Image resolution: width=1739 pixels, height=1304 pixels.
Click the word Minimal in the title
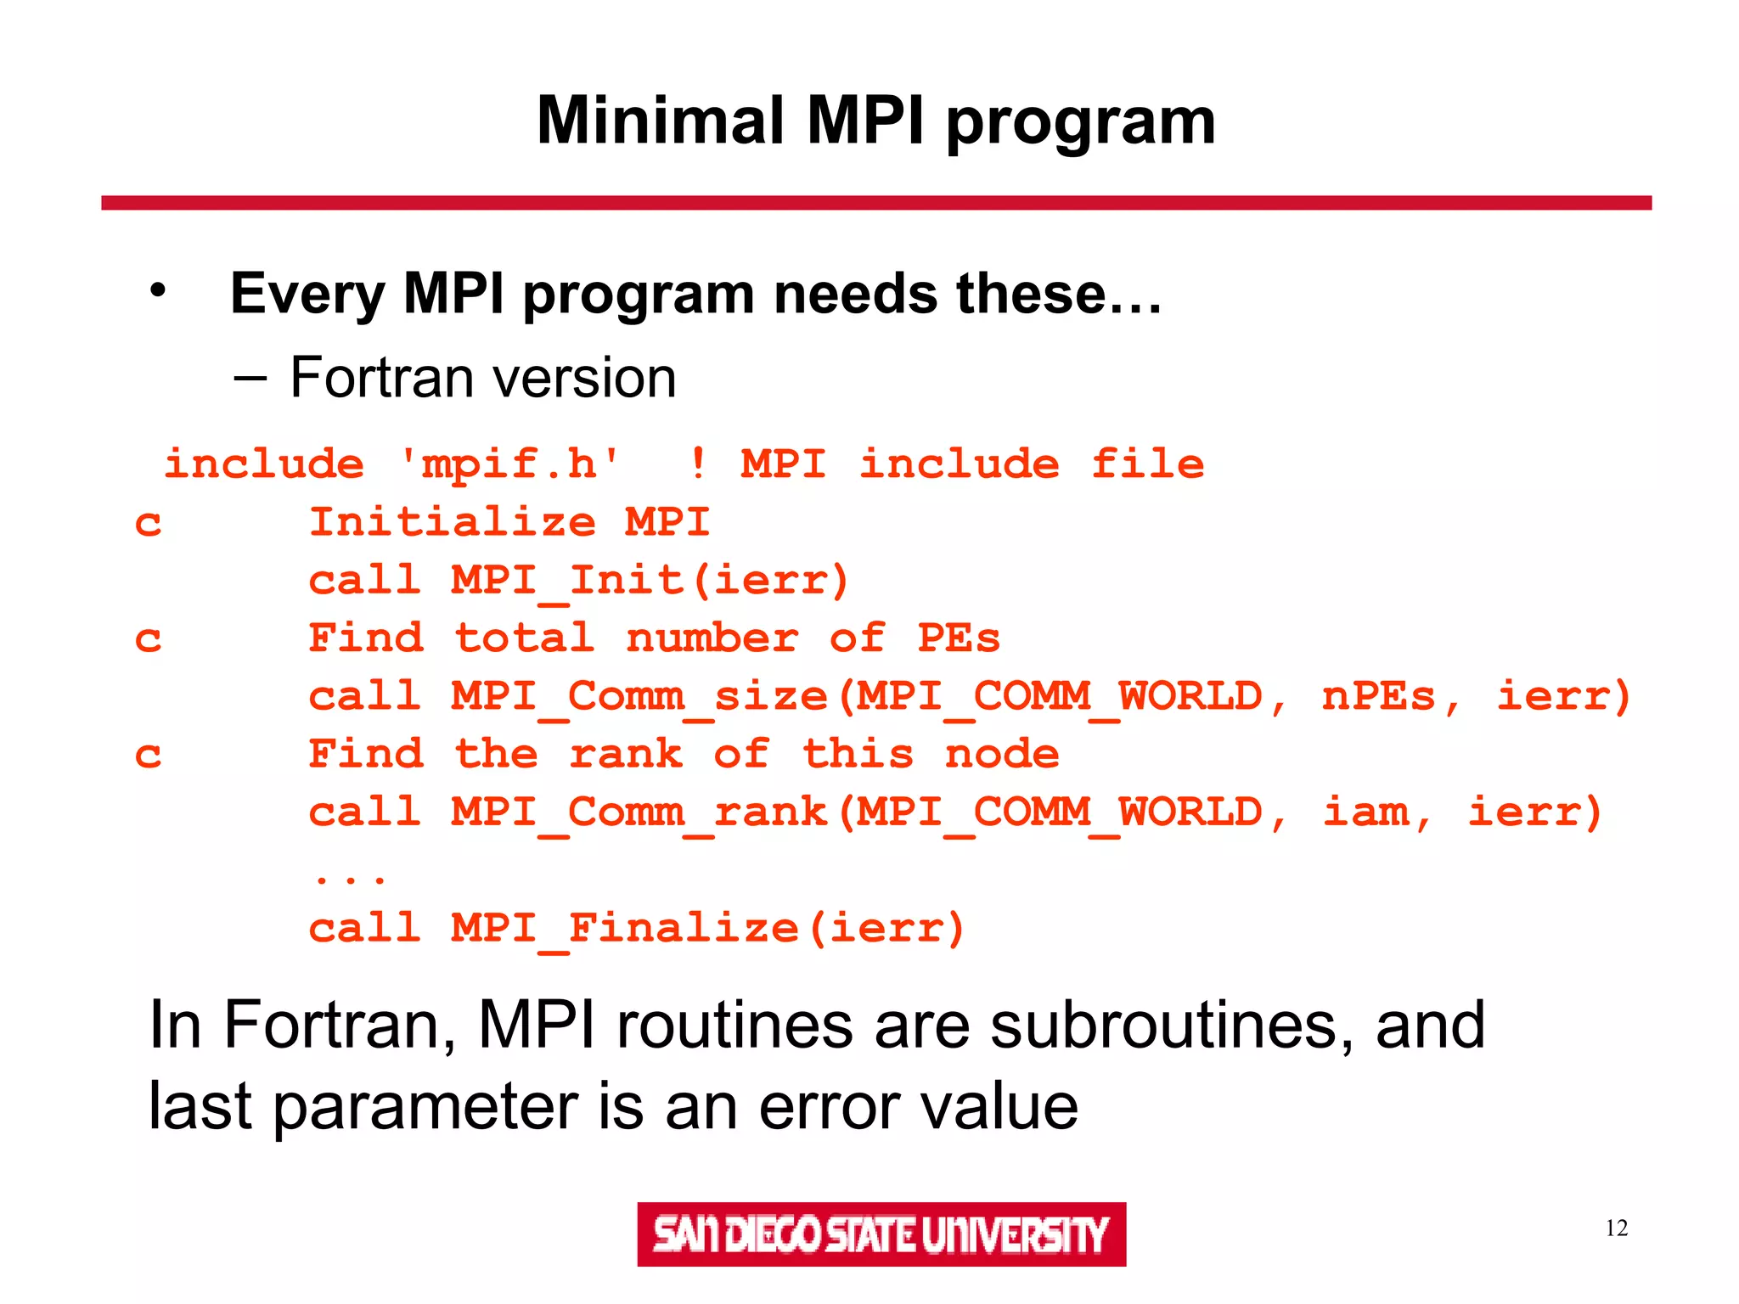coord(659,121)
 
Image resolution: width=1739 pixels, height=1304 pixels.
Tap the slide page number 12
coord(1616,1228)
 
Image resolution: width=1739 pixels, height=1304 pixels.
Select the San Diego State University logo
coord(881,1234)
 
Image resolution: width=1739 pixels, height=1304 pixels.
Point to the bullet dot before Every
coord(158,291)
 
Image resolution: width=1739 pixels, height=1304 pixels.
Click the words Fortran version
coord(482,378)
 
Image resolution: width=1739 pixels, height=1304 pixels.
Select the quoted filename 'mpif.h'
coord(510,464)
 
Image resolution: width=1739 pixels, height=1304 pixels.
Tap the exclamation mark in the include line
coord(697,464)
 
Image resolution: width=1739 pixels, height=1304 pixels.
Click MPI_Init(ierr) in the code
coord(650,581)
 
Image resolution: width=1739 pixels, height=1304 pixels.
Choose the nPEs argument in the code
coord(1377,696)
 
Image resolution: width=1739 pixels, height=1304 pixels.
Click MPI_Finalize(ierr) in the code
coord(707,928)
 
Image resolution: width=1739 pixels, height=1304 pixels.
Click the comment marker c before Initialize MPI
coord(148,523)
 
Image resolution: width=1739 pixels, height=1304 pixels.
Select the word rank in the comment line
coord(626,754)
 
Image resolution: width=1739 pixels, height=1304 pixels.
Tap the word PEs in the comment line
coord(958,638)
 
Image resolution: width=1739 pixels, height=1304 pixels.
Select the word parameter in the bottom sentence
coord(425,1106)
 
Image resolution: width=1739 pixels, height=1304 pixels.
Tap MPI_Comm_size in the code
coord(639,696)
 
